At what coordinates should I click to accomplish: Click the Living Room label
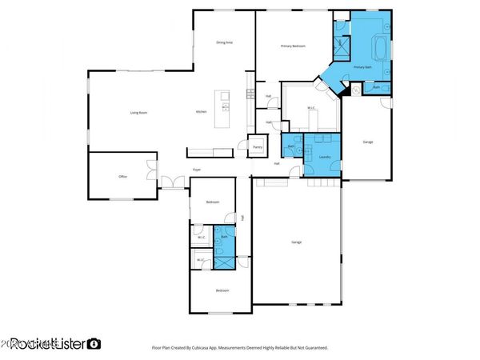[x=138, y=113]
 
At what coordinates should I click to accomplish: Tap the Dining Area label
[x=225, y=42]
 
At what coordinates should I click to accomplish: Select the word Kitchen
[x=202, y=112]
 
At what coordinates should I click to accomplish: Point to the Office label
[x=123, y=176]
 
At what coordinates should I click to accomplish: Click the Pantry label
[x=258, y=147]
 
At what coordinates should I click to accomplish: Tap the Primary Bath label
[x=362, y=68]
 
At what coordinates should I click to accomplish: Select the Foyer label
[x=196, y=170]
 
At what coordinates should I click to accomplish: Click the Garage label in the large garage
[x=296, y=241]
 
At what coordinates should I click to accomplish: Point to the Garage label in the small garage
[x=368, y=142]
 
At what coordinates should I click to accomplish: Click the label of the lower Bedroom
[x=221, y=290]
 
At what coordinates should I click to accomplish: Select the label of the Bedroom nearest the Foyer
[x=212, y=202]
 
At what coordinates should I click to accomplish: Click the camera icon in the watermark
[x=94, y=343]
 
